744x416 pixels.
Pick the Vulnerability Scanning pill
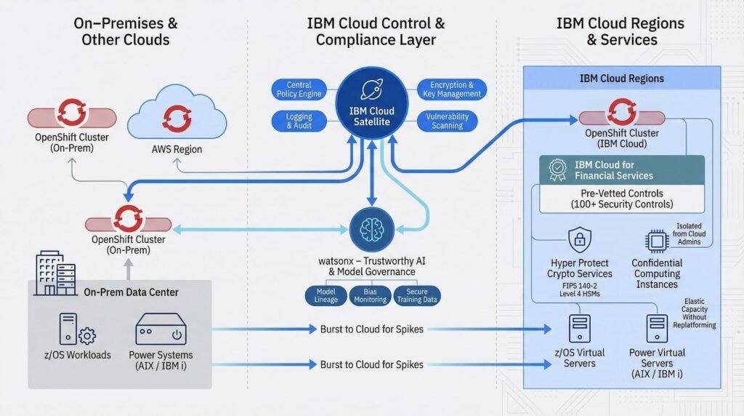447,121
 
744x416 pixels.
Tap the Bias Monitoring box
369,295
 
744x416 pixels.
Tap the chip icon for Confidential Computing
656,241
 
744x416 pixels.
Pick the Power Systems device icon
161,329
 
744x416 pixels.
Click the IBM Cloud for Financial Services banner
622,170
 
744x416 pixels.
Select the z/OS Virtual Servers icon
579,329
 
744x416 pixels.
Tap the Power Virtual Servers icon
656,329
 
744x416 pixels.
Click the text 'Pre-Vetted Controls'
621,193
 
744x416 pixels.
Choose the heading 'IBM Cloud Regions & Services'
620,31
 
